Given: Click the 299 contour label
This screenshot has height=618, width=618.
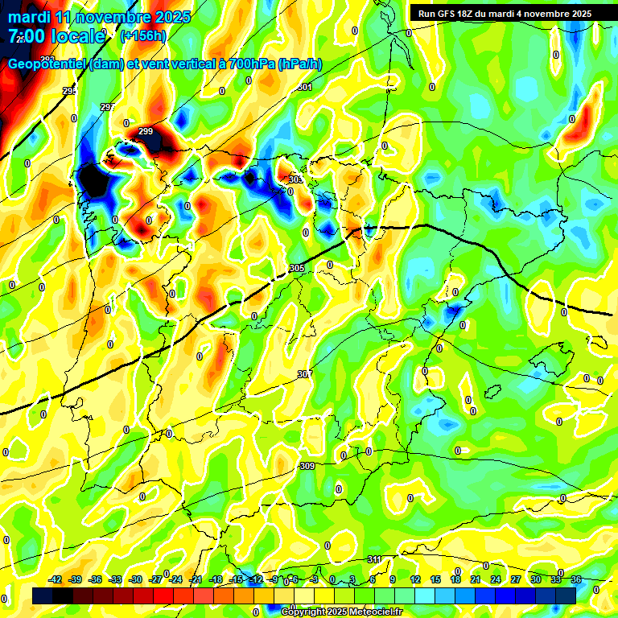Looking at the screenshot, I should pyautogui.click(x=146, y=131).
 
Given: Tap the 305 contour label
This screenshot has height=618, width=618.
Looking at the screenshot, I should pyautogui.click(x=296, y=268).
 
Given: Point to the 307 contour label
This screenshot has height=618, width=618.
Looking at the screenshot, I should pyautogui.click(x=304, y=374).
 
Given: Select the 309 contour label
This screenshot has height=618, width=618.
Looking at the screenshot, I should pyautogui.click(x=307, y=466).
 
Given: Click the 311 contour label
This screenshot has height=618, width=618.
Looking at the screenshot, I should pyautogui.click(x=374, y=559).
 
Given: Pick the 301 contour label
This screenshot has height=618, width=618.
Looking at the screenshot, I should pyautogui.click(x=304, y=87).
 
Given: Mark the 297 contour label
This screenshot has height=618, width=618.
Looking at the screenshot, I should pyautogui.click(x=108, y=107).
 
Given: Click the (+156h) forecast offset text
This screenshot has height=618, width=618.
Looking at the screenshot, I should pyautogui.click(x=142, y=35).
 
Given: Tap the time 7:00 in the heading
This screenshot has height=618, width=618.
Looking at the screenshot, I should pyautogui.click(x=26, y=35).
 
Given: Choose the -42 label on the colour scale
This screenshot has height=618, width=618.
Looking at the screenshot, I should pyautogui.click(x=56, y=579).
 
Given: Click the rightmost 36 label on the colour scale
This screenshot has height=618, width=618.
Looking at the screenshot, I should pyautogui.click(x=576, y=579).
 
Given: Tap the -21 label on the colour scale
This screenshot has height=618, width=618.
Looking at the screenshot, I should pyautogui.click(x=196, y=579).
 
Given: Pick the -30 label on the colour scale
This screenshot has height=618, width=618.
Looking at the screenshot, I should pyautogui.click(x=136, y=579).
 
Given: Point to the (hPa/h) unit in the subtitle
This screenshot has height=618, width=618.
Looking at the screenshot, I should pyautogui.click(x=300, y=64).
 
